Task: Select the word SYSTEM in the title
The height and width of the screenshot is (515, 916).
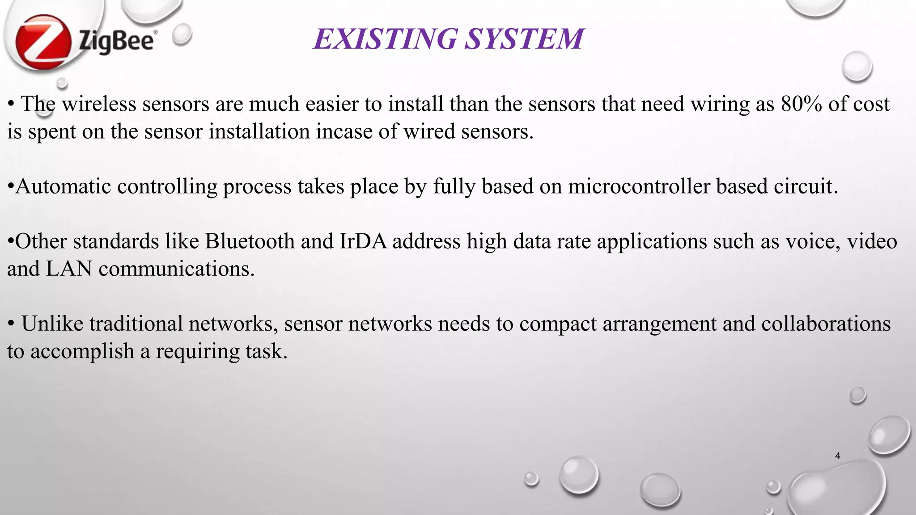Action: pyautogui.click(x=524, y=38)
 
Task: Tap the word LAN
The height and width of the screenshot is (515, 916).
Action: pyautogui.click(x=69, y=269)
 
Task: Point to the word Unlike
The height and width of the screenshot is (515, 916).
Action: pyautogui.click(x=52, y=324)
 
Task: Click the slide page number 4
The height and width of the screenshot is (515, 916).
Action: pyautogui.click(x=837, y=456)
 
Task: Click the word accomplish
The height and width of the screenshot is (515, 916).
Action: pyautogui.click(x=82, y=351)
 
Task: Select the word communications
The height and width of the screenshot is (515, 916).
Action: pyautogui.click(x=176, y=269)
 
